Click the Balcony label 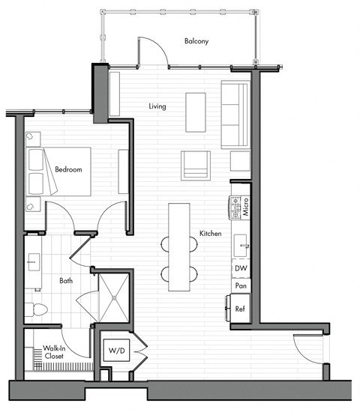click(x=196, y=41)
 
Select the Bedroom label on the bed click(x=68, y=170)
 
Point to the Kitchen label click(x=210, y=234)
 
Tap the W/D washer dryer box click(x=117, y=351)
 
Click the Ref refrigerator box click(x=240, y=308)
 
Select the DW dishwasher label click(x=240, y=268)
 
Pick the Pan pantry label click(x=240, y=286)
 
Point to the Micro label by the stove click(x=245, y=207)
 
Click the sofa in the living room click(x=235, y=115)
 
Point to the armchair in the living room click(x=196, y=164)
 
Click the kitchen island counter click(x=178, y=247)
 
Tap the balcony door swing click(x=150, y=51)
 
